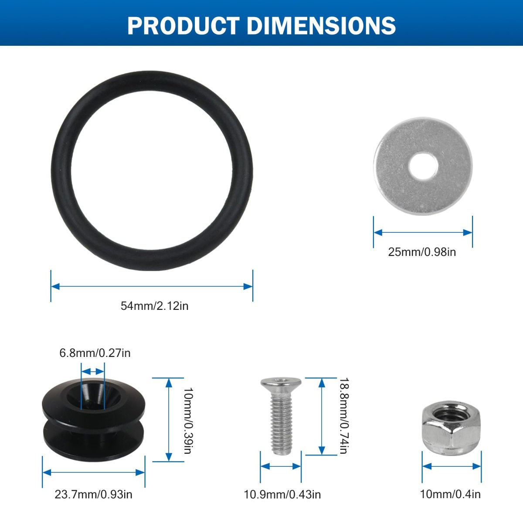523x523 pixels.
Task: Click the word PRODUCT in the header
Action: [x=183, y=26]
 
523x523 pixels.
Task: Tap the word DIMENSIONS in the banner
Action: [x=321, y=26]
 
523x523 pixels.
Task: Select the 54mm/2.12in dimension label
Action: [x=154, y=306]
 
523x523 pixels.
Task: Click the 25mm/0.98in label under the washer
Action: [x=422, y=252]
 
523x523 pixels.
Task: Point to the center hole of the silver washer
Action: [x=423, y=166]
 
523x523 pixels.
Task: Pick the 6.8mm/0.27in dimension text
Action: [x=95, y=353]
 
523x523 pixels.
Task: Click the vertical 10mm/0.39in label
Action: [x=188, y=421]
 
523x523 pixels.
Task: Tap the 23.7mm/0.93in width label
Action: [x=93, y=495]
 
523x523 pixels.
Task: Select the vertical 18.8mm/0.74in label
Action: [x=344, y=415]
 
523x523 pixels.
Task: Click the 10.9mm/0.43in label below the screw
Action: [x=282, y=495]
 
